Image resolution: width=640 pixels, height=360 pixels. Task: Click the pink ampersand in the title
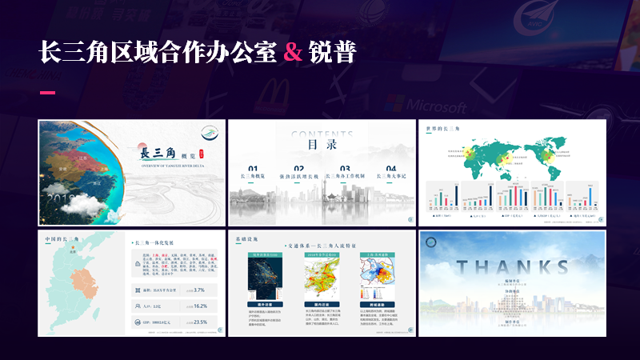(x=294, y=52)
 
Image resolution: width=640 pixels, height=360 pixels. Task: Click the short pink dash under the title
(x=47, y=93)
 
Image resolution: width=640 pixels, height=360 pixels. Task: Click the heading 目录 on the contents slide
(x=322, y=146)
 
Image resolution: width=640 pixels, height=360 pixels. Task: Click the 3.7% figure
(x=199, y=290)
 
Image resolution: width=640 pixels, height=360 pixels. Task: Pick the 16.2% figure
(x=199, y=306)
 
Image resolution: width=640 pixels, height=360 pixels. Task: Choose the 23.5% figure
(x=199, y=322)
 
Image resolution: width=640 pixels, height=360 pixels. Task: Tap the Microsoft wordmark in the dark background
(x=436, y=105)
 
